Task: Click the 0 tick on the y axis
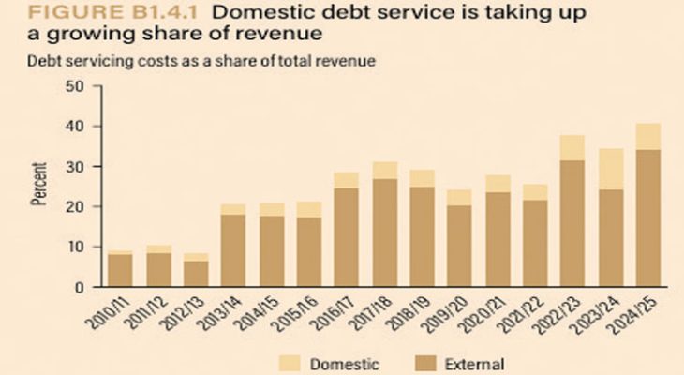79,287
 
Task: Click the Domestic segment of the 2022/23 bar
571,148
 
